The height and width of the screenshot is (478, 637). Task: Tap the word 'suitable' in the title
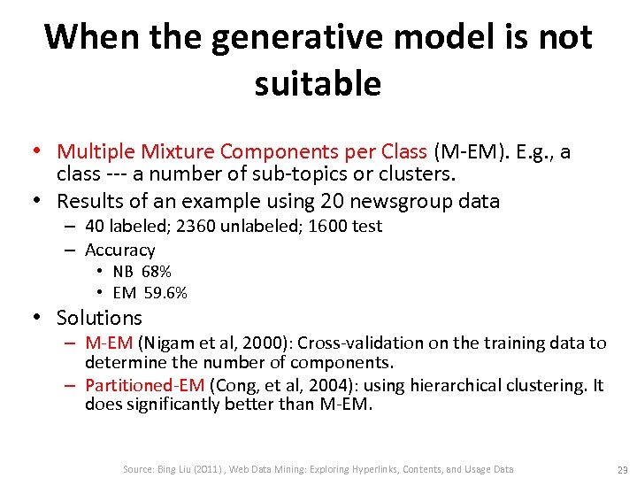pyautogui.click(x=318, y=84)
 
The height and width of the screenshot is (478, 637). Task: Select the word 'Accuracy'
pyautogui.click(x=119, y=251)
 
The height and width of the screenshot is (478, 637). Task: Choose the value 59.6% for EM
pyautogui.click(x=165, y=293)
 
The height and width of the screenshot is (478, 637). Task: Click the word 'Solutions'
pyautogui.click(x=99, y=318)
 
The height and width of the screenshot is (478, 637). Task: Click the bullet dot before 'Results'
pyautogui.click(x=42, y=201)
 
